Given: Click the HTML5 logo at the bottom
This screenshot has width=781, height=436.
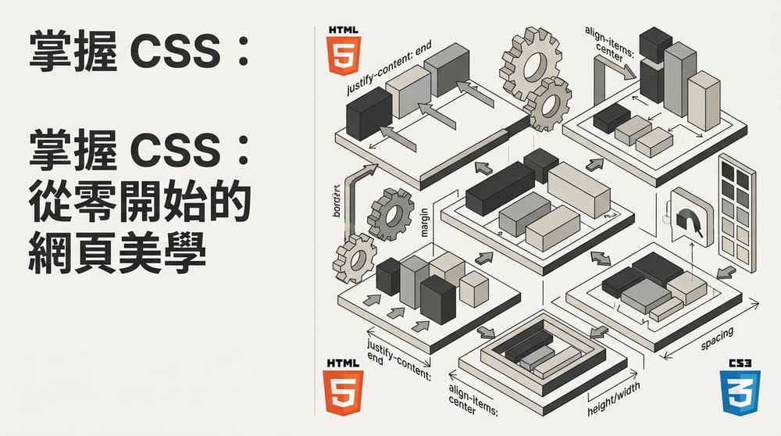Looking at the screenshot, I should pyautogui.click(x=341, y=387).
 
